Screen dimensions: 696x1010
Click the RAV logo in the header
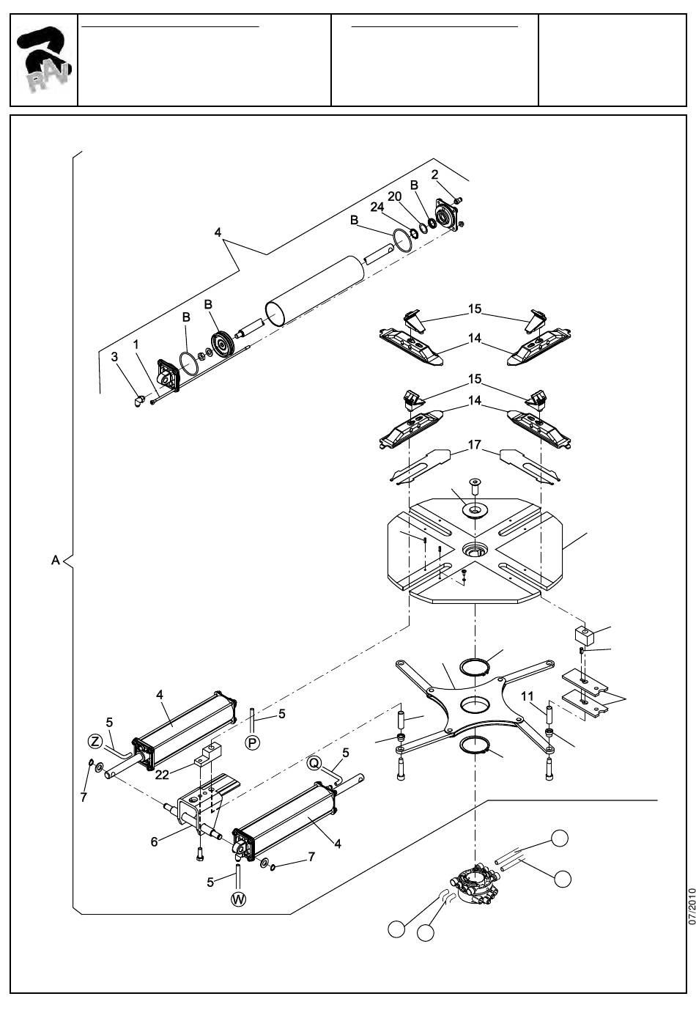[x=44, y=60]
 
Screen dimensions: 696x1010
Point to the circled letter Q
[x=314, y=763]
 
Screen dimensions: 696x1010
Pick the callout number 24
[x=377, y=207]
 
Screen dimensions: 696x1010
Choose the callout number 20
[x=394, y=196]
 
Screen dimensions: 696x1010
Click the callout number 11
[x=527, y=696]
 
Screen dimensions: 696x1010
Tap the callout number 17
[x=475, y=445]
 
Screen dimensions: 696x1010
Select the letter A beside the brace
[x=56, y=560]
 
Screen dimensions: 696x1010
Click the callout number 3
[x=114, y=357]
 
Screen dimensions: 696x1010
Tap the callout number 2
[x=434, y=174]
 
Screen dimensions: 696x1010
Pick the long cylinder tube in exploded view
[x=314, y=290]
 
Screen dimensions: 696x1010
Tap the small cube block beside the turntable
[x=585, y=635]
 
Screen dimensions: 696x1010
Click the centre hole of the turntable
[x=475, y=549]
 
